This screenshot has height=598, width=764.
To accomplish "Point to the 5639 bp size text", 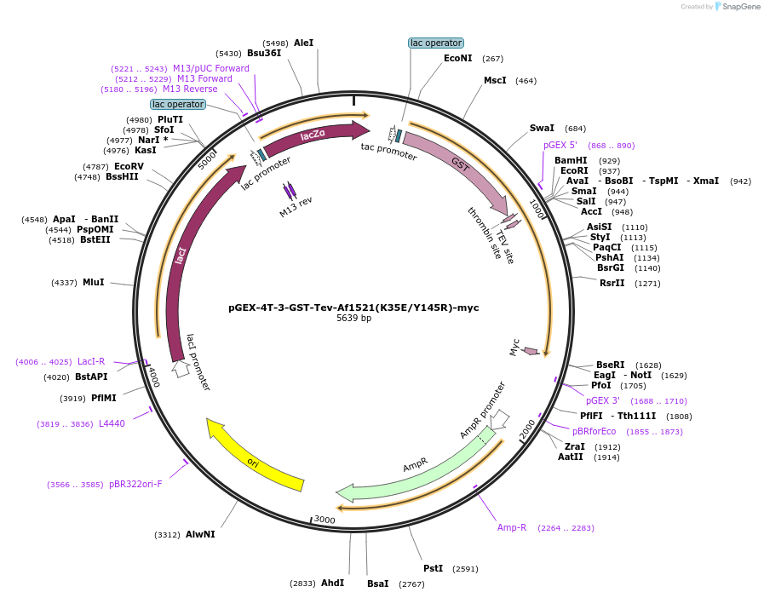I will tap(353, 319).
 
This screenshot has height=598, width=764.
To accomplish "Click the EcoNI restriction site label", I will tap(457, 59).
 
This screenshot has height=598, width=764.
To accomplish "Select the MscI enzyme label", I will tap(495, 81).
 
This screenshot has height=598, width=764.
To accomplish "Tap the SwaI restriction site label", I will tap(542, 129).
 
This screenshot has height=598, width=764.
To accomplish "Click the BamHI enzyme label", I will tap(571, 160).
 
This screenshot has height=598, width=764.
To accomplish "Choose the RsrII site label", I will tap(612, 283).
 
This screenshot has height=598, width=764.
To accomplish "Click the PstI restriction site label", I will tap(433, 568).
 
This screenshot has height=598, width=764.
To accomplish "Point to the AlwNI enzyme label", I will tap(200, 535).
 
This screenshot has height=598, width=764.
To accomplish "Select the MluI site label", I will tap(93, 282).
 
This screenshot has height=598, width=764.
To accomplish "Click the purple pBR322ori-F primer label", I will tap(135, 484).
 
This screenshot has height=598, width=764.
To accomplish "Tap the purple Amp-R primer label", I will tap(512, 527).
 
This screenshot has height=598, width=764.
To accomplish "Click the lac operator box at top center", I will tap(436, 43).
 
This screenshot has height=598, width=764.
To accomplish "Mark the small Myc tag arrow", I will tap(531, 351).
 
